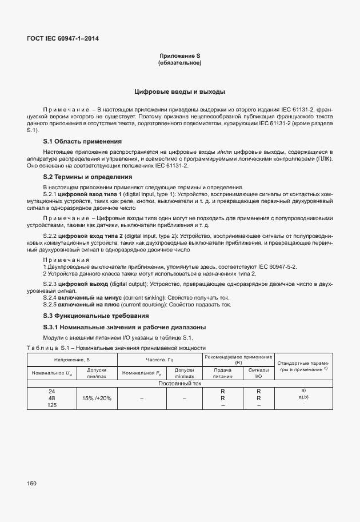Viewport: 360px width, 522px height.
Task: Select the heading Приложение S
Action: point(179,55)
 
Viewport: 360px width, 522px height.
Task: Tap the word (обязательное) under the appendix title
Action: point(179,62)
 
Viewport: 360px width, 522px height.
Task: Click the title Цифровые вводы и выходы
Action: point(179,91)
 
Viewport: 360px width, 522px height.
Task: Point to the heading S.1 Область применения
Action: point(82,141)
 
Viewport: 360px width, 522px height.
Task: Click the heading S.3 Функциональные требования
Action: point(96,316)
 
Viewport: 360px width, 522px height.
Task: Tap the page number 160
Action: point(31,483)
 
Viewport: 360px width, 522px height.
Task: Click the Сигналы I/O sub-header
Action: point(258,373)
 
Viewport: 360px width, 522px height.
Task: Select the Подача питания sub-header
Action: point(222,373)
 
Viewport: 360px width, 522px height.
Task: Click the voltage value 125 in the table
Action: point(52,405)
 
